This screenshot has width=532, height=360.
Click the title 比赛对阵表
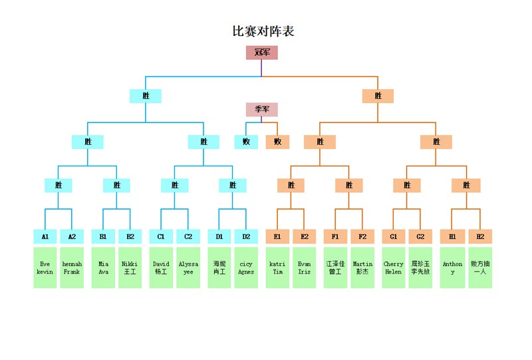click(x=263, y=31)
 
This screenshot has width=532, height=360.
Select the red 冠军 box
click(x=261, y=53)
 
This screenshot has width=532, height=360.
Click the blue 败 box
click(x=246, y=142)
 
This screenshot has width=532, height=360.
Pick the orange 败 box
click(x=277, y=142)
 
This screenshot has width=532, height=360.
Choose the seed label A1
click(x=45, y=236)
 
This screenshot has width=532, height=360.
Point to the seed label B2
click(x=130, y=236)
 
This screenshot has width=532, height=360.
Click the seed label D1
click(x=219, y=236)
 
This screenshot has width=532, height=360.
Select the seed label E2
click(x=305, y=236)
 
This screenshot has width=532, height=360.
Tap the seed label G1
click(x=394, y=236)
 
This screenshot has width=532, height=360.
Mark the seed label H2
click(x=480, y=236)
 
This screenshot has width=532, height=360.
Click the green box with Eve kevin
click(x=45, y=268)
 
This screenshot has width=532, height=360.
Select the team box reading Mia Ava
click(x=103, y=268)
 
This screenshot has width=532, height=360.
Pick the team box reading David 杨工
click(x=161, y=268)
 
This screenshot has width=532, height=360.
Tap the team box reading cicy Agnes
click(x=246, y=268)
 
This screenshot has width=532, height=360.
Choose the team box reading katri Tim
click(x=277, y=268)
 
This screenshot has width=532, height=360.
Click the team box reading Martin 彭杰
click(x=362, y=268)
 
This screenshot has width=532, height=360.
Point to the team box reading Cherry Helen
click(x=394, y=268)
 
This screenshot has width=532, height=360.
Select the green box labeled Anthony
click(x=452, y=268)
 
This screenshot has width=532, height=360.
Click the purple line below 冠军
click(x=261, y=68)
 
